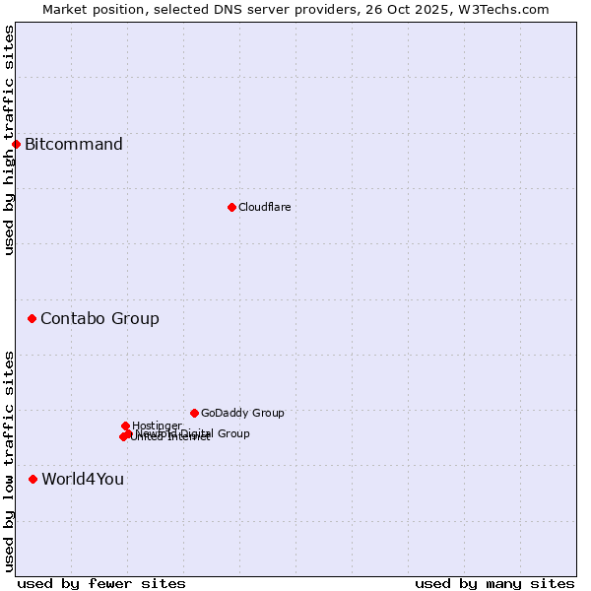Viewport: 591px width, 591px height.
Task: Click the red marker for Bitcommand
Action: (x=16, y=145)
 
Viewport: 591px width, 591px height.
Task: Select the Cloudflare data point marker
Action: (x=231, y=207)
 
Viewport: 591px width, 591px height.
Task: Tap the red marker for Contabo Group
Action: (x=33, y=318)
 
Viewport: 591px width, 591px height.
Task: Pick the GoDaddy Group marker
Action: (x=194, y=413)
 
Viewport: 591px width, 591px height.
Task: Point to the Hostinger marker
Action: (x=125, y=426)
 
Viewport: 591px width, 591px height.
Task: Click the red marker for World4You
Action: (x=33, y=479)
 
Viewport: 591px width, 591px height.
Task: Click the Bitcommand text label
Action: (x=74, y=145)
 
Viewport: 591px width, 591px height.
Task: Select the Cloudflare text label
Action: (x=264, y=207)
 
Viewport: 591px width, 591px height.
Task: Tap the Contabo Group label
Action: (x=99, y=318)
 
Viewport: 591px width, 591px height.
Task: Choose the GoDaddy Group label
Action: (x=242, y=413)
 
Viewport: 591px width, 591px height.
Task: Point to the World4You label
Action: (x=83, y=479)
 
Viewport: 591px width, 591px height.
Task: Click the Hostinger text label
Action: (x=157, y=426)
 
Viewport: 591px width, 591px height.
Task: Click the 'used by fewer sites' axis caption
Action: (x=101, y=583)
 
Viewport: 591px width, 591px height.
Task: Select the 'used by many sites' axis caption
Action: (x=494, y=583)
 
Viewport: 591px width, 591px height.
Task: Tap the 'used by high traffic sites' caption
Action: (x=10, y=140)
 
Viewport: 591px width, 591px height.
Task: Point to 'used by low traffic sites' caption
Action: (x=10, y=461)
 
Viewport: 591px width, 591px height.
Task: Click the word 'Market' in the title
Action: (x=65, y=9)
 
